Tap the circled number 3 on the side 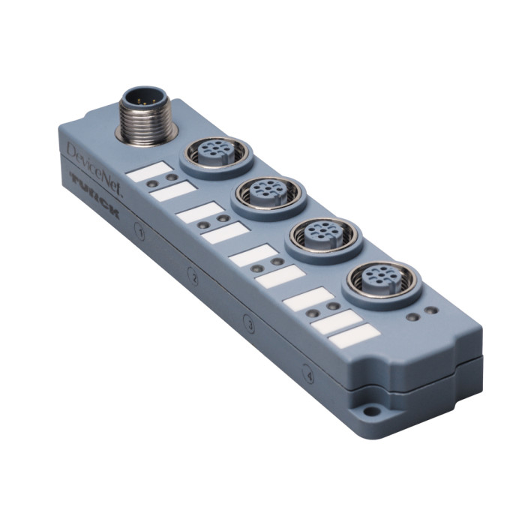(250, 325)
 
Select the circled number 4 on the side (308, 372)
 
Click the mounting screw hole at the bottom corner (369, 412)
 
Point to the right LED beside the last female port (430, 310)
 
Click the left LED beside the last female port (412, 315)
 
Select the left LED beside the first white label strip (152, 181)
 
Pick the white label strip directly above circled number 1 (173, 193)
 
